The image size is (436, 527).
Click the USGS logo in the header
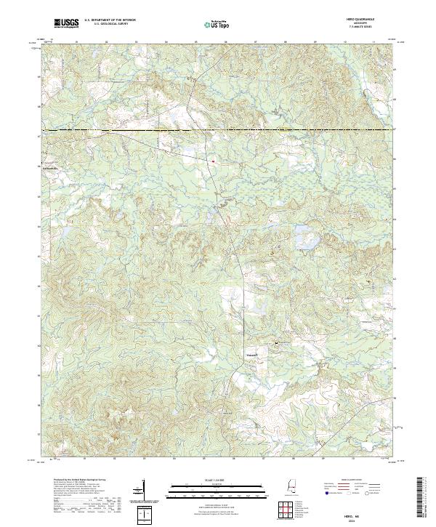click(x=67, y=23)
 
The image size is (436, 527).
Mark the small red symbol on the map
click(x=214, y=161)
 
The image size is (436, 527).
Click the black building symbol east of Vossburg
click(x=275, y=342)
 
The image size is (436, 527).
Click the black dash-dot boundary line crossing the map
click(x=218, y=130)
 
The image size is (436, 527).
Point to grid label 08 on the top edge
click(x=285, y=43)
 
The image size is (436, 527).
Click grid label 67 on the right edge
click(x=396, y=129)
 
